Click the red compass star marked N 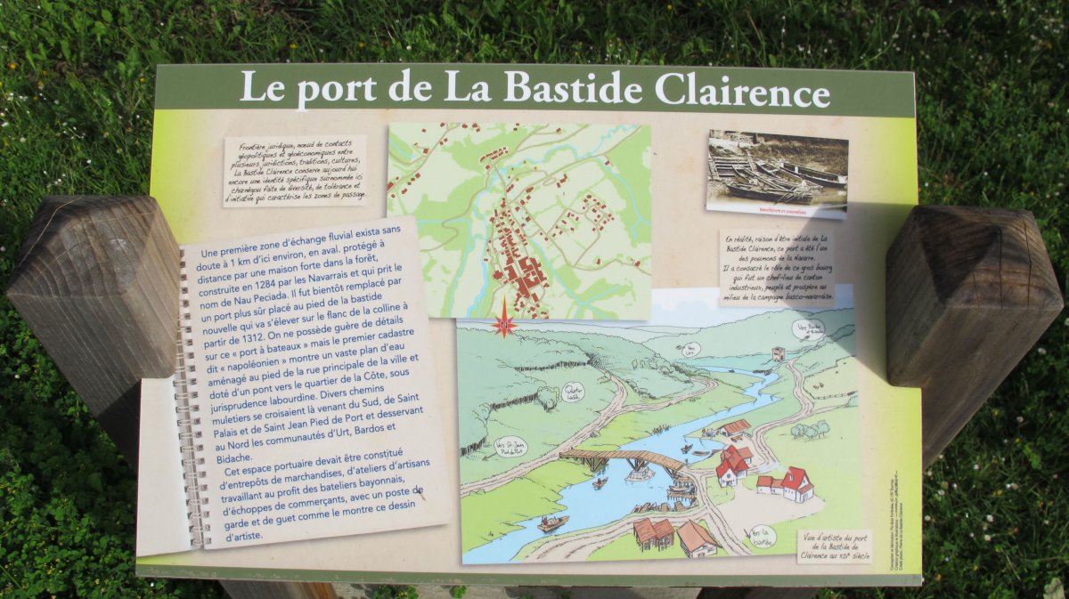[x=503, y=322]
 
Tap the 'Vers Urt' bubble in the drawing [x=688, y=348]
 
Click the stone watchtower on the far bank [x=778, y=353]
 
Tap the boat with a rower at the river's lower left [x=552, y=522]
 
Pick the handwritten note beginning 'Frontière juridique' [x=294, y=169]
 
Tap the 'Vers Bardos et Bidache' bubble [x=811, y=328]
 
